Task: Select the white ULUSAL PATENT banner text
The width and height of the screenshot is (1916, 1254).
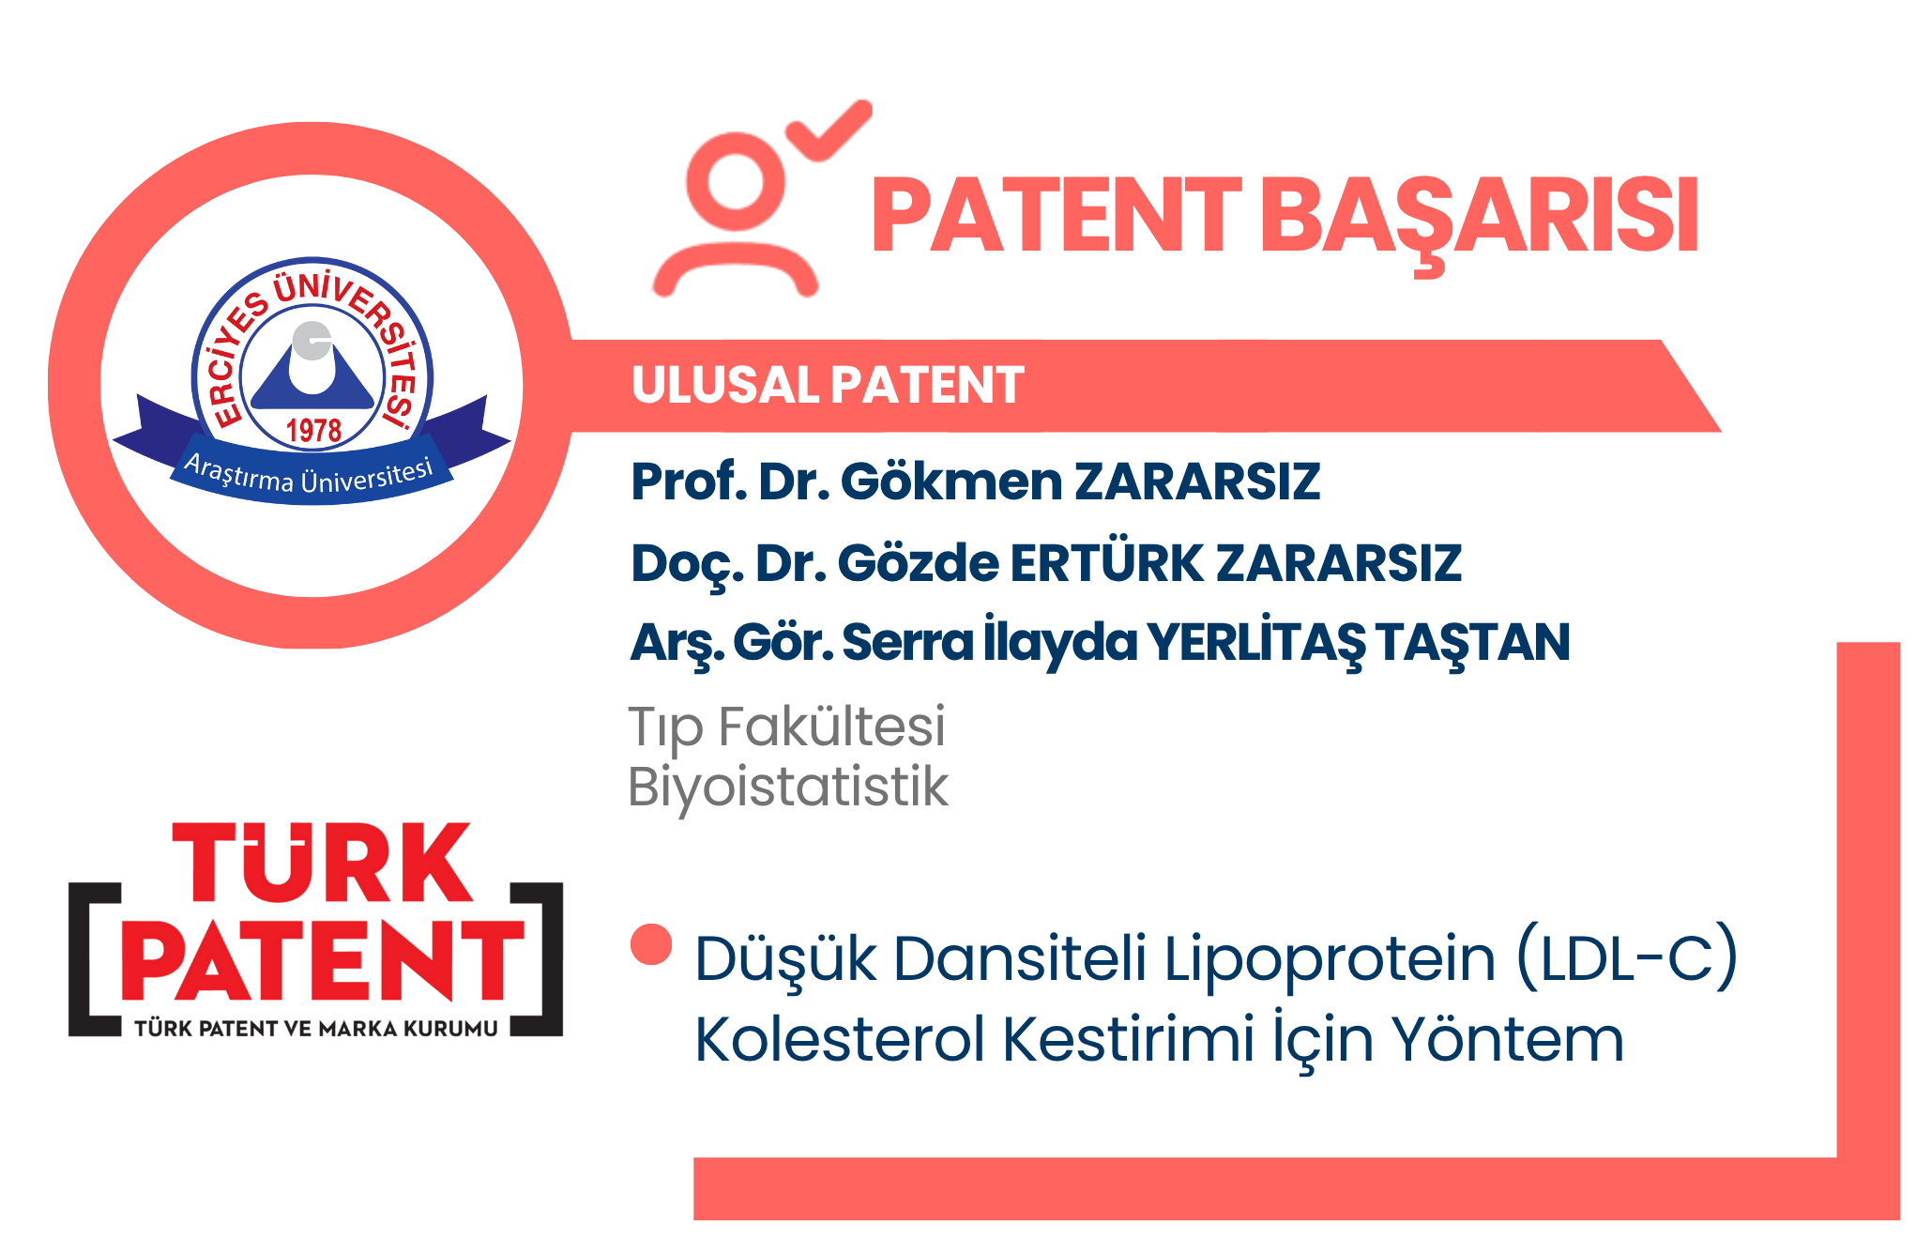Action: (828, 385)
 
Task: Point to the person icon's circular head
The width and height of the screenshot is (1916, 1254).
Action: (736, 181)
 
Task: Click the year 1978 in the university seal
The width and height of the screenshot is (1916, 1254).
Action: (313, 431)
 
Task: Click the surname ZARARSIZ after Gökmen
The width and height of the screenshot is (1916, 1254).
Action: (1197, 482)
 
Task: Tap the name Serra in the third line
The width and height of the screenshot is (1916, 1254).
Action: (907, 643)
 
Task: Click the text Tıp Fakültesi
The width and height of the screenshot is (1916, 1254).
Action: (786, 726)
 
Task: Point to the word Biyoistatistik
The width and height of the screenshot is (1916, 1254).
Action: (788, 787)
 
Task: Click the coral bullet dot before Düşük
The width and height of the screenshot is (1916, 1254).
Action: (651, 944)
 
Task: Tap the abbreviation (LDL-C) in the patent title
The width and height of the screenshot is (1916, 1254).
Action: (1627, 958)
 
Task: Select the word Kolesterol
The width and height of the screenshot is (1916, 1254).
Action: (840, 1039)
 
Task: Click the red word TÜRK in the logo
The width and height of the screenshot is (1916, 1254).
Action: (322, 863)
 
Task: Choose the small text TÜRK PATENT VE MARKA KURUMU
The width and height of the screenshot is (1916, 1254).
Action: (316, 1029)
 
